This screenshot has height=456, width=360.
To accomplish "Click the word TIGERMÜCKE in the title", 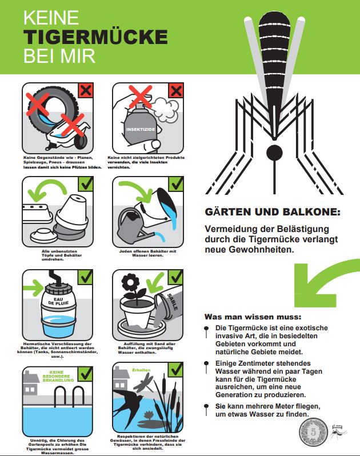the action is [x=95, y=37].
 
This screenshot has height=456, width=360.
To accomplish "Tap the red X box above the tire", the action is [x=86, y=91].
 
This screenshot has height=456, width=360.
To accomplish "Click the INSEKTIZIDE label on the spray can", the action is [x=141, y=129].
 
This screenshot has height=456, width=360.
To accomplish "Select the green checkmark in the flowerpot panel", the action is [x=175, y=278].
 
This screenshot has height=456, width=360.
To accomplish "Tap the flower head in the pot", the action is [x=130, y=282].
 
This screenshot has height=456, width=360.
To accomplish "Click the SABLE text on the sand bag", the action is [x=173, y=302].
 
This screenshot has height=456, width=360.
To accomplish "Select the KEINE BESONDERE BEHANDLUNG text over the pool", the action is [x=58, y=376].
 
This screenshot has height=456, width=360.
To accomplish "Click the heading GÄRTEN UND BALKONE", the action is [x=273, y=211].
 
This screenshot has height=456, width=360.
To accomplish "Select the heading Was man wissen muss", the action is [x=253, y=317].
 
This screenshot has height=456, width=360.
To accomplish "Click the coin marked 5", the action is [x=314, y=431].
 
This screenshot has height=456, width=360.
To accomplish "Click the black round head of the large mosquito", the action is [x=274, y=153].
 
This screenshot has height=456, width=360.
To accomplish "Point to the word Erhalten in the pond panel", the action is [x=141, y=370].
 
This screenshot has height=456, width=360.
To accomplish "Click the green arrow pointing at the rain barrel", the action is [x=33, y=288].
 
